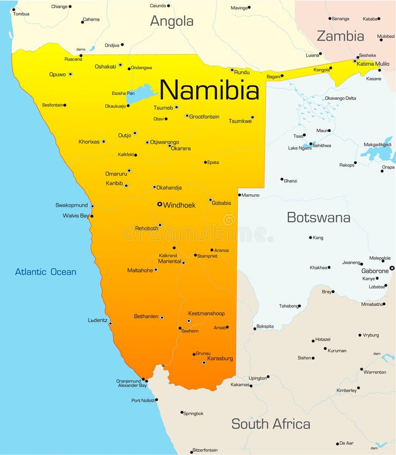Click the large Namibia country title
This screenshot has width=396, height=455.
(209, 90)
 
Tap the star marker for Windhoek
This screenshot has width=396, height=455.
(160, 205)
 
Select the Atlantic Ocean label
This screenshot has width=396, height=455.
(45, 272)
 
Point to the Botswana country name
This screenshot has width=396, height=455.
(318, 217)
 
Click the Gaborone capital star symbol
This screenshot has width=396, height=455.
(392, 268)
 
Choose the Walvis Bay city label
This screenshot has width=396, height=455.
(76, 215)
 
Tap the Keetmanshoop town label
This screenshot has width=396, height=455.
(206, 313)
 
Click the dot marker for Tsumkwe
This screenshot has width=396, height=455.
(252, 117)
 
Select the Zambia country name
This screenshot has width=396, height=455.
(340, 36)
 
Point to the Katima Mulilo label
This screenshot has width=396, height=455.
(373, 64)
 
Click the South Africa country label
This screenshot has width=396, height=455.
(271, 424)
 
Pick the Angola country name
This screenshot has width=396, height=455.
(172, 21)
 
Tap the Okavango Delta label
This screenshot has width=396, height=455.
(340, 98)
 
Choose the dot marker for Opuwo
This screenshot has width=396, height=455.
(70, 74)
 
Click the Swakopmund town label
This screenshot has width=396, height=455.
(72, 205)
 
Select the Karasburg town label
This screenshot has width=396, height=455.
(220, 358)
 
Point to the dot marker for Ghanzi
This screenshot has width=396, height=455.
(282, 179)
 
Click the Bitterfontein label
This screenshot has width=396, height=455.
(205, 450)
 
